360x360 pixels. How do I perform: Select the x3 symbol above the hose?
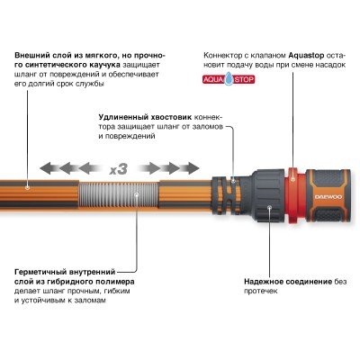tap(118, 168)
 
